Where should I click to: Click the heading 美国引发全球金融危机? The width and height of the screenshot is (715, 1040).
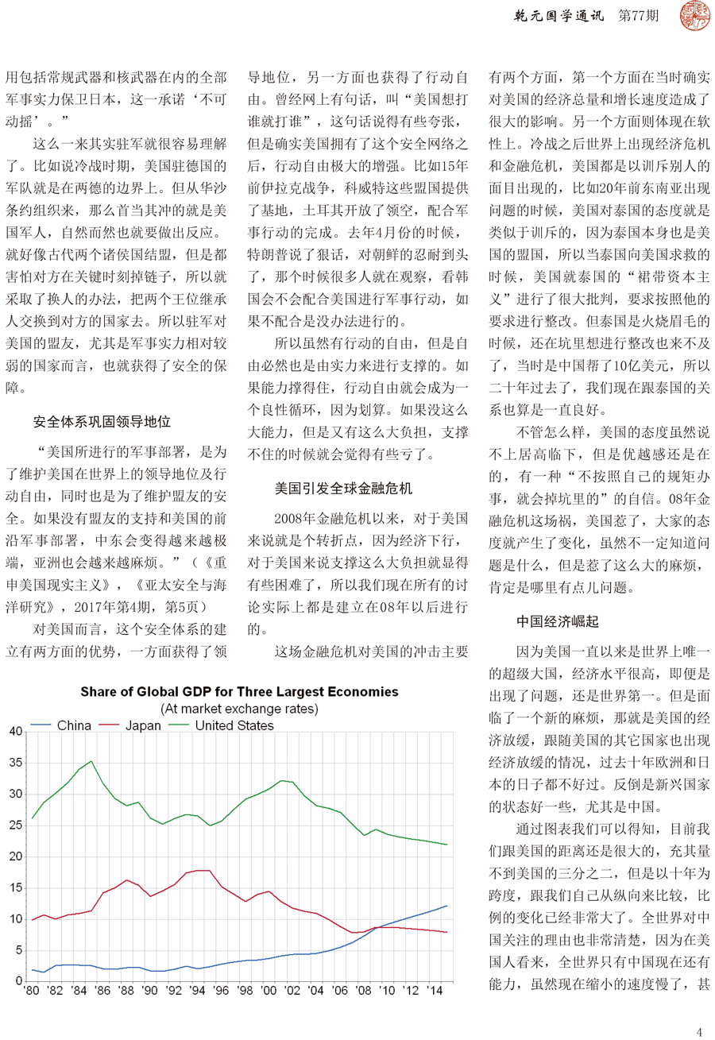(x=343, y=489)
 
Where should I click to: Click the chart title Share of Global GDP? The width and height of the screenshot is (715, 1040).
(x=239, y=692)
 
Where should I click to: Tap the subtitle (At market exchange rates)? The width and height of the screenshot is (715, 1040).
(x=239, y=708)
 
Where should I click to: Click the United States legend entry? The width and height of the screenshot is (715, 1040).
(x=234, y=725)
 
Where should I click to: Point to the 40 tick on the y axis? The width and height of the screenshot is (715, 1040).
(x=14, y=732)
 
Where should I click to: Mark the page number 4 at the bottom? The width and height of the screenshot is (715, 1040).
(x=699, y=1031)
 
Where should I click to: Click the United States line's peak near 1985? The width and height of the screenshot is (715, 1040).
(x=91, y=761)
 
